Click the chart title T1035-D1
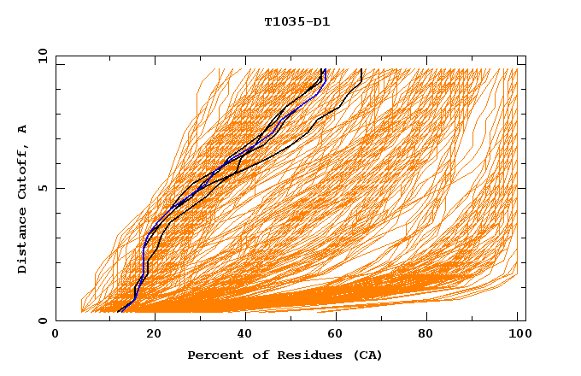click(x=296, y=22)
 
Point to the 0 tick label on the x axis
click(x=56, y=335)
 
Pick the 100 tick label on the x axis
click(x=517, y=335)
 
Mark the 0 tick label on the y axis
click(x=41, y=320)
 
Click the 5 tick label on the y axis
click(x=41, y=188)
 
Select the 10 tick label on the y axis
click(x=41, y=56)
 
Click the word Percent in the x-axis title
click(x=214, y=355)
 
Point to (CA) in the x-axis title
click(x=366, y=355)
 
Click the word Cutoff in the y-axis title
click(x=23, y=171)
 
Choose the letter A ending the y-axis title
click(x=23, y=128)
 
